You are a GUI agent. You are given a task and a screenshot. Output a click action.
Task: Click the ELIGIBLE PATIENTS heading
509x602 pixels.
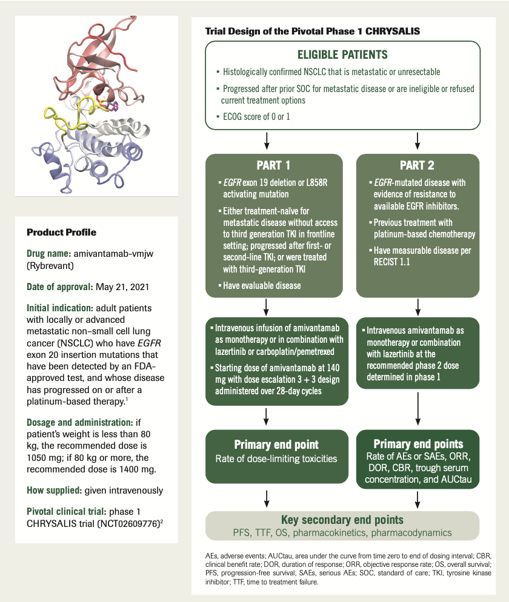[x=342, y=55]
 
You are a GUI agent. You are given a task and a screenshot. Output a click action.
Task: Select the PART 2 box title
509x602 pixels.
[x=417, y=165]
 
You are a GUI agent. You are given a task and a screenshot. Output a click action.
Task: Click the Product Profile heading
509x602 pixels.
[x=62, y=233]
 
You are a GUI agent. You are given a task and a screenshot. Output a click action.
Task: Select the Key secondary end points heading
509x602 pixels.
[x=342, y=520]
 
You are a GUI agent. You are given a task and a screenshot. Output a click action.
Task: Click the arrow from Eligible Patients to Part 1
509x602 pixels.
[x=267, y=141]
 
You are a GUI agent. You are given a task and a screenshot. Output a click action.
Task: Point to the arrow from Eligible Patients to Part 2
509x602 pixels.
[x=417, y=141]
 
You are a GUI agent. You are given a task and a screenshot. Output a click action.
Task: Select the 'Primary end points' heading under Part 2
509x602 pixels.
[x=418, y=444]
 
